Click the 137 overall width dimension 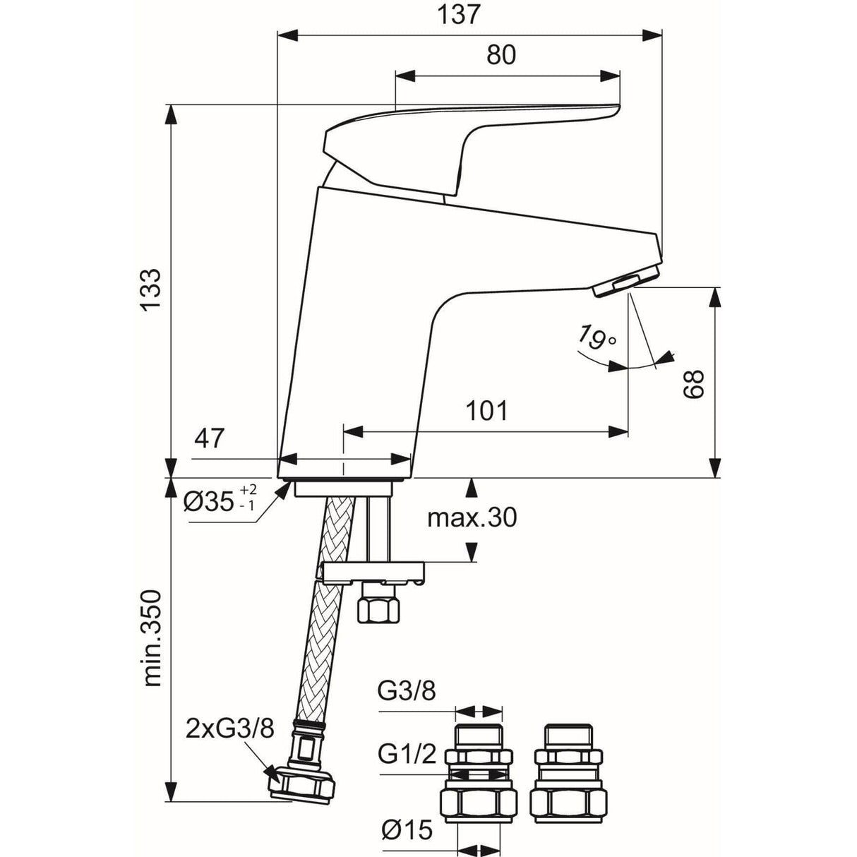tap(463, 15)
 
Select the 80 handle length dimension tap(501, 55)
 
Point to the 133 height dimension tap(150, 289)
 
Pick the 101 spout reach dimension tap(486, 410)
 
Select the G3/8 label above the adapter tap(407, 691)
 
